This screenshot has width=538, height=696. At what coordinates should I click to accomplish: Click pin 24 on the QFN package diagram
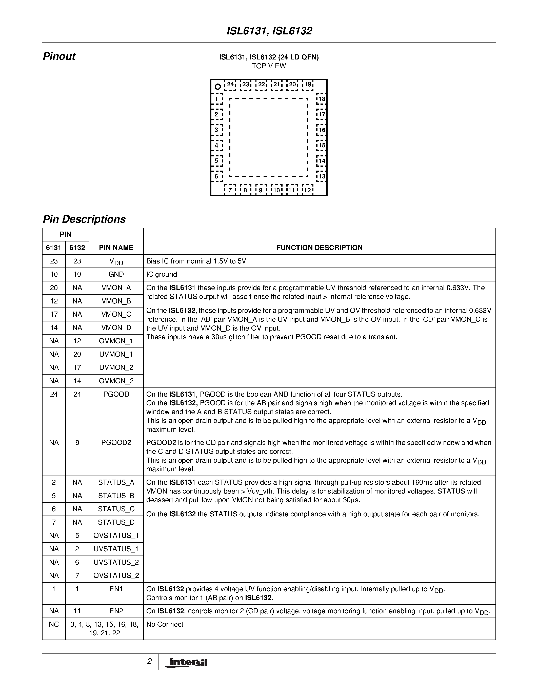click(230, 85)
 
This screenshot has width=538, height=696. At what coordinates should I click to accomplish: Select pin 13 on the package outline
click(322, 176)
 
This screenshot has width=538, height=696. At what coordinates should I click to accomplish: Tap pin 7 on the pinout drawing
click(230, 190)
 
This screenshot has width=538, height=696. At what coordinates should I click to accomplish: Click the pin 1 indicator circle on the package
click(218, 86)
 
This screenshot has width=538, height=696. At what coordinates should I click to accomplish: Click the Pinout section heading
click(59, 56)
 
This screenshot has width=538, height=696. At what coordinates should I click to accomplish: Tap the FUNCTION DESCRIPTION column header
click(319, 248)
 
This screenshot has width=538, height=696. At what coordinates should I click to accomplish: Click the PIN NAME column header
click(116, 248)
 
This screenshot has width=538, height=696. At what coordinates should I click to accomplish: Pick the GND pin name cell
click(116, 274)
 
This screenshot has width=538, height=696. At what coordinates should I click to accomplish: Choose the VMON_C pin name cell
click(116, 314)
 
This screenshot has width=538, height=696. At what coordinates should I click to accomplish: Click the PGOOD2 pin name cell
click(116, 443)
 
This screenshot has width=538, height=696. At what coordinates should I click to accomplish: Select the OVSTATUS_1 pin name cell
click(116, 535)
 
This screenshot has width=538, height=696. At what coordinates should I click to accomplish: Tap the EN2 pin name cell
click(116, 611)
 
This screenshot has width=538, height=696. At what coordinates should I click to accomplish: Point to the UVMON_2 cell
click(116, 367)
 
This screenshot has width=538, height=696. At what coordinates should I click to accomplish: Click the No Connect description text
click(165, 624)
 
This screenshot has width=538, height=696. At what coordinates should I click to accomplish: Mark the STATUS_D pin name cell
click(116, 522)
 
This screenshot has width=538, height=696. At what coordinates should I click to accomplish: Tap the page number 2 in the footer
click(149, 662)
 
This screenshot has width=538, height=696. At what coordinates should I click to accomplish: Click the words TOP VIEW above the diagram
click(269, 66)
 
